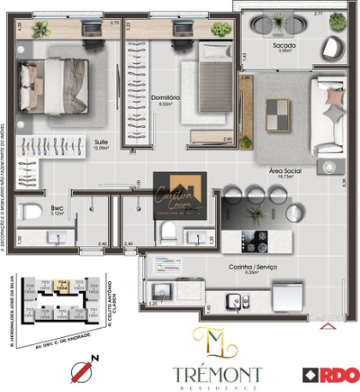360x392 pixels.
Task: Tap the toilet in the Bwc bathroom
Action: tap(26, 213)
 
